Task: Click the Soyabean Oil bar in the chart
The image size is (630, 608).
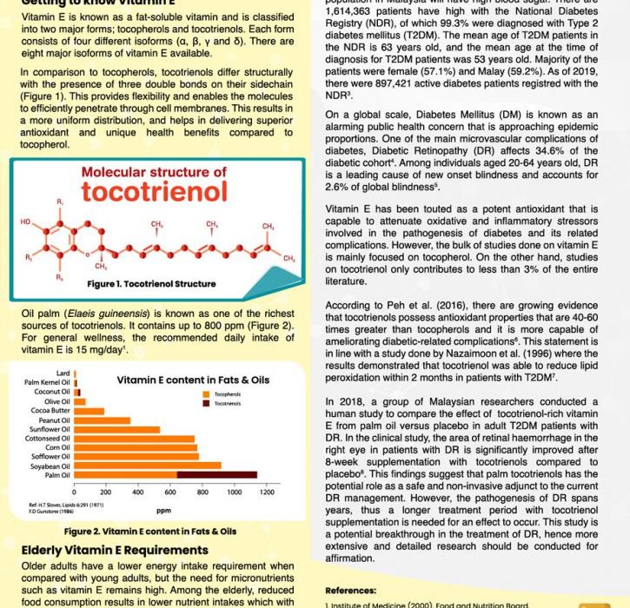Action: [148, 466]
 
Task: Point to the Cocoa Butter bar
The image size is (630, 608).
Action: [90, 411]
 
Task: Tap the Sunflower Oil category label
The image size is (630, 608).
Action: [49, 429]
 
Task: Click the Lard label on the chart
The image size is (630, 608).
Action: [63, 373]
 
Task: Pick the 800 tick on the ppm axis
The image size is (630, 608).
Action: [202, 492]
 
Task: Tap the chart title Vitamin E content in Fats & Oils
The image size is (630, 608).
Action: [193, 380]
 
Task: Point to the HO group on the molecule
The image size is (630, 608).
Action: [25, 222]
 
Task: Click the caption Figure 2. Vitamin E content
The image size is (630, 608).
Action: [150, 532]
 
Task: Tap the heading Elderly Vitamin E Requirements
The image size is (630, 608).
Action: [114, 550]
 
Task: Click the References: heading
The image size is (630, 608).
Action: [350, 590]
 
